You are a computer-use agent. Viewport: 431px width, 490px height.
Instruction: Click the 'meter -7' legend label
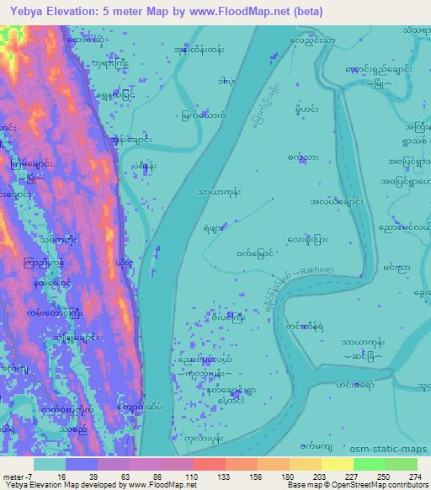click(17, 476)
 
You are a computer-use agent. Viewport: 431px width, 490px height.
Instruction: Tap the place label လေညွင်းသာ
click(312, 40)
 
